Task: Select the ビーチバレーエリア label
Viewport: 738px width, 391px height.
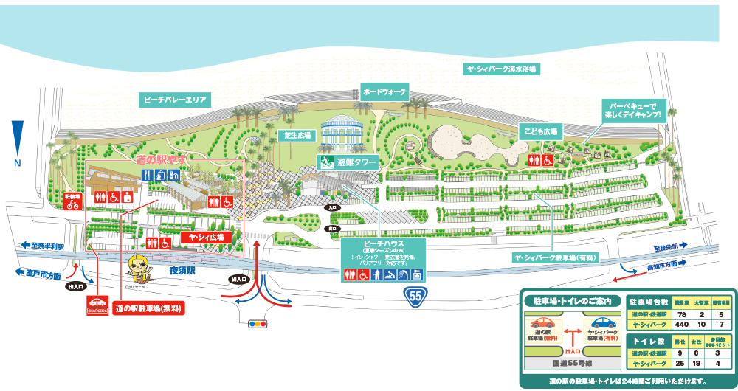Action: [x=176, y=99]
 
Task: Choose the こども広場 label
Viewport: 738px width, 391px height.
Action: [x=541, y=131]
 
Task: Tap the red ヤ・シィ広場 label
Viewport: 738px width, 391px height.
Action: [x=207, y=238]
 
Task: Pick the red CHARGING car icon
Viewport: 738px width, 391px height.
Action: [x=97, y=305]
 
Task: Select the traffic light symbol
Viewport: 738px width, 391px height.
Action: [x=258, y=323]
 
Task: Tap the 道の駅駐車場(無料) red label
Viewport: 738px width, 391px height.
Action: [x=150, y=308]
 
